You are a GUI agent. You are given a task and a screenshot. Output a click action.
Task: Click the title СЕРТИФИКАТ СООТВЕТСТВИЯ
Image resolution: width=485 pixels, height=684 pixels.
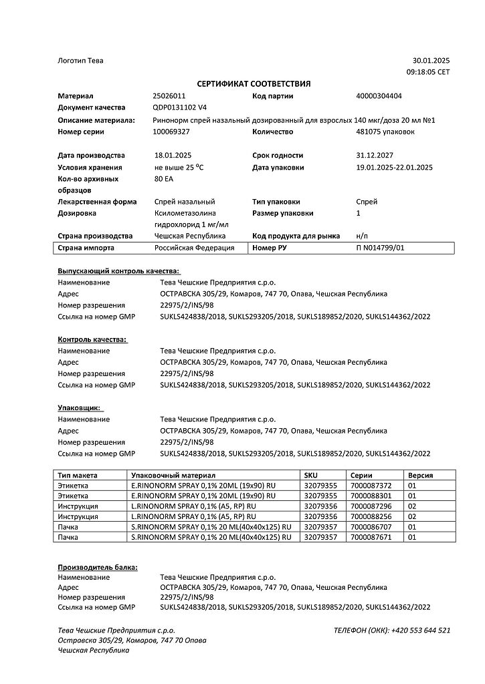pos(254,83)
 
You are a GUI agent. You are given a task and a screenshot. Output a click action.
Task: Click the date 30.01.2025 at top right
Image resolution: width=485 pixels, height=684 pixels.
pos(431,61)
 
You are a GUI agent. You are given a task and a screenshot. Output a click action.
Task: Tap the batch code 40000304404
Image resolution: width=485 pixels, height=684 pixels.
pos(379,96)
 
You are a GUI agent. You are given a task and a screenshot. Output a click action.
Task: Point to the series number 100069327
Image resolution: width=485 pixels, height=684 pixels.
pos(173,132)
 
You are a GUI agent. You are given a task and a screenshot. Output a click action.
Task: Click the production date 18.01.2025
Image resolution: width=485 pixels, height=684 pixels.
pos(173,155)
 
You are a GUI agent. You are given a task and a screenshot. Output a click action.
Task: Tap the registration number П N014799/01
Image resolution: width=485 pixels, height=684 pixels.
pos(381,248)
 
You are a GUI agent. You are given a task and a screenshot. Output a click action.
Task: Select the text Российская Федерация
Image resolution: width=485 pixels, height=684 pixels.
pos(194,248)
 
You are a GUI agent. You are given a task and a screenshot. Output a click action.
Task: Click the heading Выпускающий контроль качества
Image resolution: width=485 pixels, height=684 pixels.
pos(118,271)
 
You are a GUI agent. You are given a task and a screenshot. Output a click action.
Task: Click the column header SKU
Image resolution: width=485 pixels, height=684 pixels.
pos(310,475)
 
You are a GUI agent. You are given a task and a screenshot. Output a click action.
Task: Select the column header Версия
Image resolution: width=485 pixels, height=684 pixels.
pos(420,475)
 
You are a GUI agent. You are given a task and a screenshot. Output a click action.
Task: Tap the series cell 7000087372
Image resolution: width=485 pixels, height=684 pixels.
pos(371,486)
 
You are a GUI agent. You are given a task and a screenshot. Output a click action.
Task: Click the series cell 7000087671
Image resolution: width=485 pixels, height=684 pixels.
pos(371,536)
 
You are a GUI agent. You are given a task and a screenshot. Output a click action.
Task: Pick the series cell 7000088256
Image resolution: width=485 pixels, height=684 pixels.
pos(371,516)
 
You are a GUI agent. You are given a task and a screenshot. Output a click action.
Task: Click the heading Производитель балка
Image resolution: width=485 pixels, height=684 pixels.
pos(98,567)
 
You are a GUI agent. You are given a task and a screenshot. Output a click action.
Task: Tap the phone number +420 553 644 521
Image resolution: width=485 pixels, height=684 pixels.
pos(421,630)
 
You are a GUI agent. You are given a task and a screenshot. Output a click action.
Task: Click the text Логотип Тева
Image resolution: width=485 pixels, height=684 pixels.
pos(81,61)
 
